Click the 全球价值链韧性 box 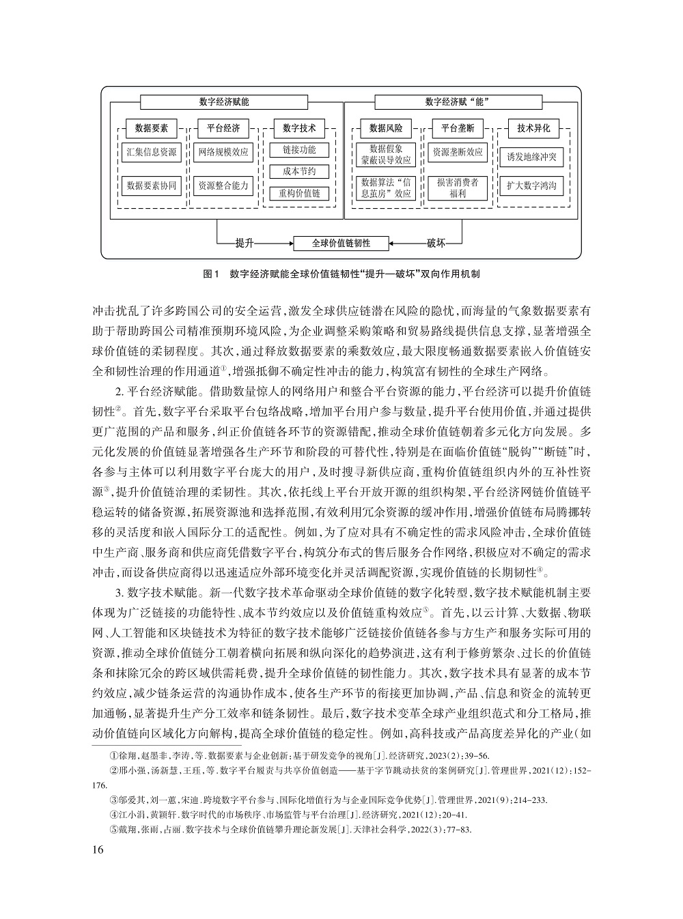click(341, 242)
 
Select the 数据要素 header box click(152, 128)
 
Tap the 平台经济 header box click(223, 128)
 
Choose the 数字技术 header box click(299, 128)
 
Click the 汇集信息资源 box click(152, 151)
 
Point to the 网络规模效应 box click(223, 151)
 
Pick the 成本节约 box click(299, 171)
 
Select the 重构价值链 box click(299, 193)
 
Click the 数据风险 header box click(386, 128)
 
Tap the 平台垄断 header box click(458, 128)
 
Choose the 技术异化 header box click(533, 128)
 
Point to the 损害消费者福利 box click(458, 188)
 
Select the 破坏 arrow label click(436, 242)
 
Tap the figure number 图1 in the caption click(210, 274)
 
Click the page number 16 click(96, 850)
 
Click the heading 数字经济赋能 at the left click(224, 102)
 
